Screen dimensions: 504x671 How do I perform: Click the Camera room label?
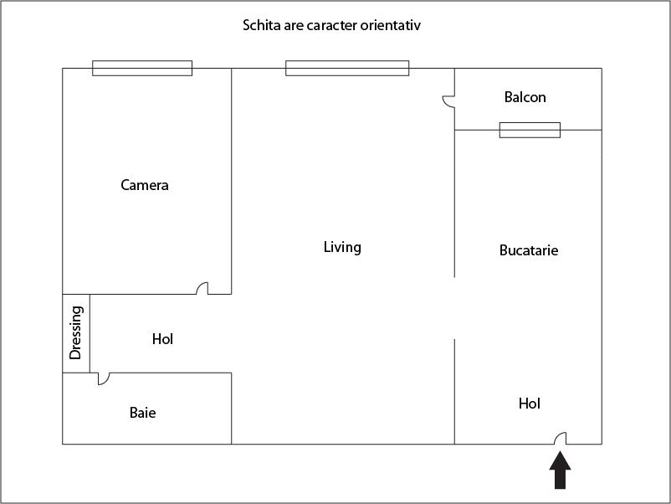145,185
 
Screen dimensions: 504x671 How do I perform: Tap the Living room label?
342,247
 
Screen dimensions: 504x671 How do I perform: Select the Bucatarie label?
529,250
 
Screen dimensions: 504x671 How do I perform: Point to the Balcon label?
525,97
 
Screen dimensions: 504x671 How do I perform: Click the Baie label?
142,413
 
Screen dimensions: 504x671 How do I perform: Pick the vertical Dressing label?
76,332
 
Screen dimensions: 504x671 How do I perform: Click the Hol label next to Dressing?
162,339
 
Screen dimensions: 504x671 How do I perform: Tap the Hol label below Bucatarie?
530,404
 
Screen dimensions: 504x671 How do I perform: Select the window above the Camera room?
142,69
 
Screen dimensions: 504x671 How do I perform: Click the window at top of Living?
347,69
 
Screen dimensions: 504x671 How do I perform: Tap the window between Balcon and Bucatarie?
530,130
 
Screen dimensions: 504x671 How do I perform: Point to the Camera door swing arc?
202,288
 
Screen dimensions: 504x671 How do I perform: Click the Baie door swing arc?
103,378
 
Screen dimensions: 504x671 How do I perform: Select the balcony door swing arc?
448,101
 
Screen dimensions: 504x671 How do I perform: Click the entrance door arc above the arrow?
561,438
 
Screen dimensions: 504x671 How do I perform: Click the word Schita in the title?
260,25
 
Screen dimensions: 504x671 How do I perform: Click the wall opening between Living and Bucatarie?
454,308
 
